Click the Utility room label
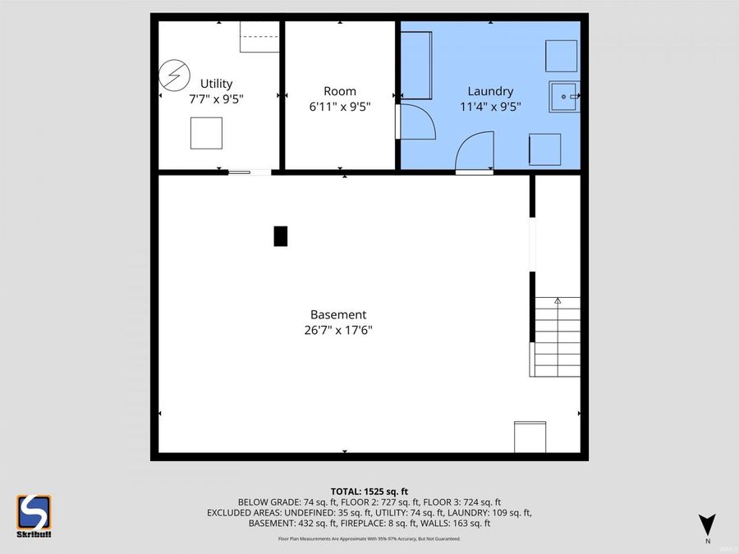pyautogui.click(x=217, y=84)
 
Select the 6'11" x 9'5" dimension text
pyautogui.click(x=339, y=106)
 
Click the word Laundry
pyautogui.click(x=490, y=91)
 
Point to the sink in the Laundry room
pyautogui.click(x=565, y=97)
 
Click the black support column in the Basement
pyautogui.click(x=281, y=236)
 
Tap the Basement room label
pyautogui.click(x=337, y=314)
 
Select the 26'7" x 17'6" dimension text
pyautogui.click(x=337, y=331)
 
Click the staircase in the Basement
pyautogui.click(x=556, y=337)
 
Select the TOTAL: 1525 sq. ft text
pyautogui.click(x=369, y=490)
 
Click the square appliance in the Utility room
pyautogui.click(x=206, y=133)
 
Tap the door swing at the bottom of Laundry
pyautogui.click(x=475, y=153)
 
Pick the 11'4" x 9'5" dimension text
pyautogui.click(x=490, y=106)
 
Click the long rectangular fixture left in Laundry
pyautogui.click(x=416, y=66)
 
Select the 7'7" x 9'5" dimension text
pyautogui.click(x=217, y=98)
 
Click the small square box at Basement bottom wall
pyautogui.click(x=530, y=437)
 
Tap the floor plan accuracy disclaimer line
pyautogui.click(x=369, y=538)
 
